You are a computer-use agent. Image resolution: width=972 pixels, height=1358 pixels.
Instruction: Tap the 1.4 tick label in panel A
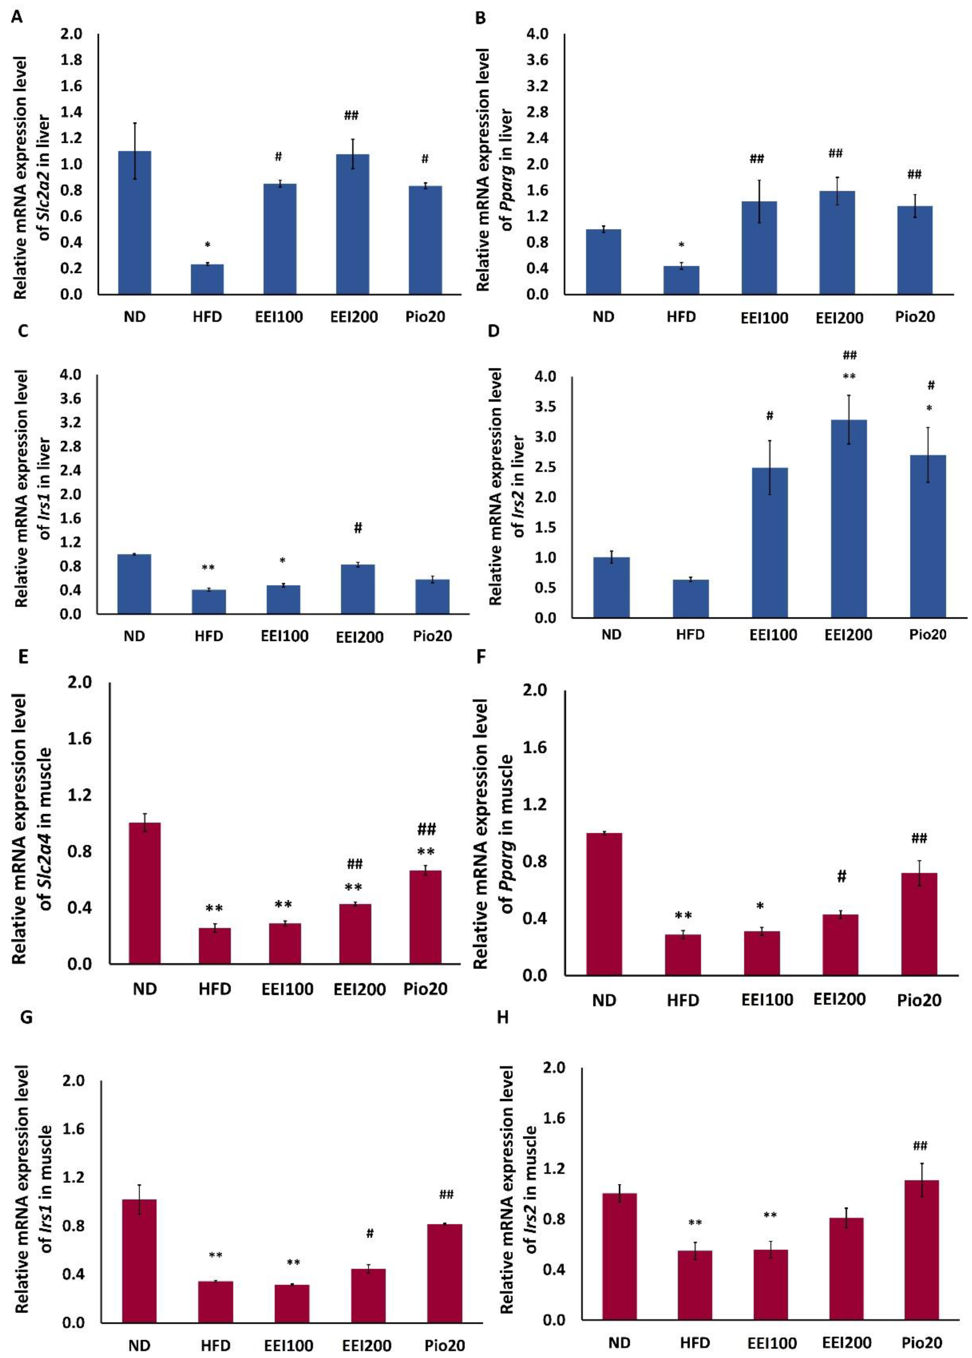click(71, 112)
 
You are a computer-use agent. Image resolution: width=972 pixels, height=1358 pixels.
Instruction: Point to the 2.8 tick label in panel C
click(71, 447)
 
